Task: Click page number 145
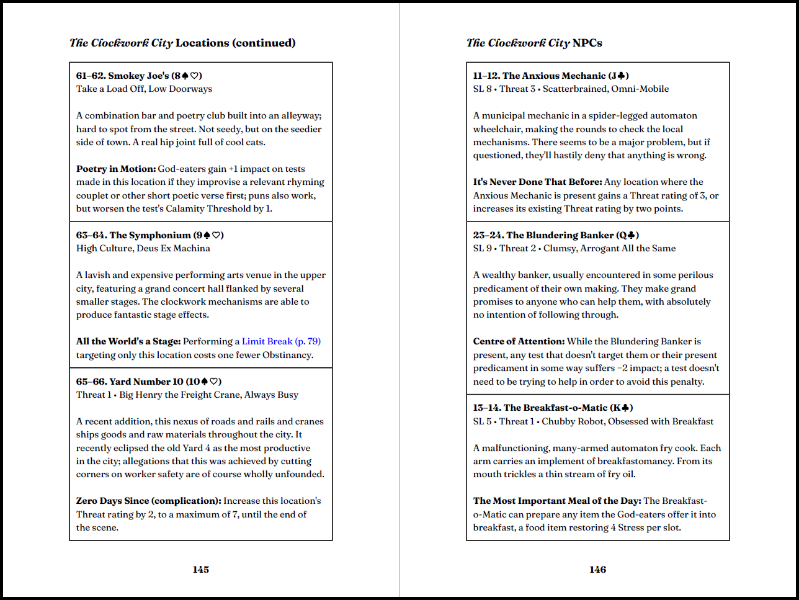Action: pyautogui.click(x=200, y=569)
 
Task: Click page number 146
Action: pyautogui.click(x=597, y=569)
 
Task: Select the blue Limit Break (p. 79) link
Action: pyautogui.click(x=281, y=341)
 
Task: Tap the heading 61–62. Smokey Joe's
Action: pyautogui.click(x=139, y=76)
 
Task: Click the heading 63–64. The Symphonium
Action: pyautogui.click(x=150, y=235)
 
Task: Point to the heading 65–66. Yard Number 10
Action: pyautogui.click(x=148, y=382)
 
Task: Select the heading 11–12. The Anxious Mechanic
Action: pyautogui.click(x=550, y=76)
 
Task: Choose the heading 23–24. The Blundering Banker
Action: pyautogui.click(x=555, y=235)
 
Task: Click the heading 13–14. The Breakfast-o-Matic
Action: pyautogui.click(x=553, y=408)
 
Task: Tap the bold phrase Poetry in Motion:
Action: pyautogui.click(x=116, y=169)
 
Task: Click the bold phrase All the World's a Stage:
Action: pyautogui.click(x=128, y=341)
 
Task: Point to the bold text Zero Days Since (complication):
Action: pyautogui.click(x=149, y=501)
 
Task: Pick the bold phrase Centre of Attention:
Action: pyautogui.click(x=519, y=341)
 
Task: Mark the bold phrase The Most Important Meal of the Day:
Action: pyautogui.click(x=557, y=501)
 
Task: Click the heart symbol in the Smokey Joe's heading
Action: pyautogui.click(x=195, y=76)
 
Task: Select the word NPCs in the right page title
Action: pyautogui.click(x=587, y=43)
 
